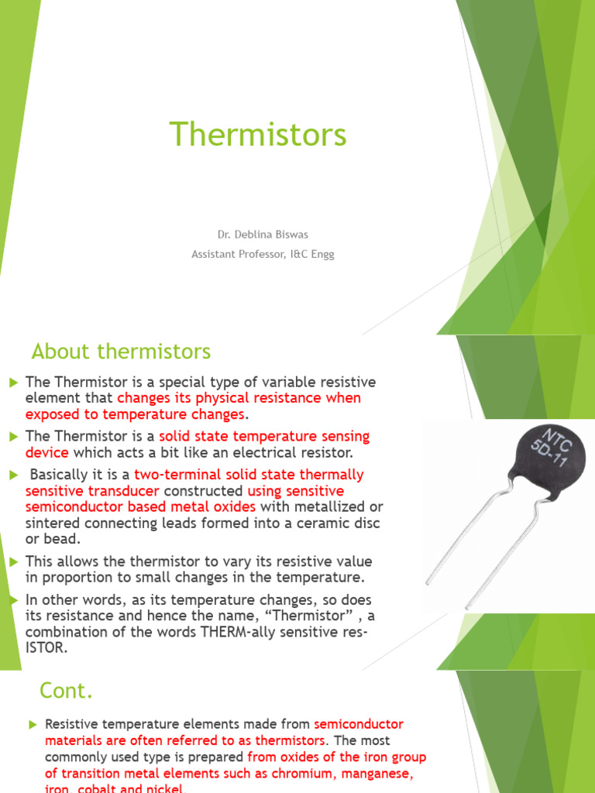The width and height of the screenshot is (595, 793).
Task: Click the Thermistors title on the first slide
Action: coord(258,135)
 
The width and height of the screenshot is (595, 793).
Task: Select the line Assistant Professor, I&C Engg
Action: coord(263,254)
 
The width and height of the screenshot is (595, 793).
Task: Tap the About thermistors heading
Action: coord(121,352)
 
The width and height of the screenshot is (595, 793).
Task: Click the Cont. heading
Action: coord(67,690)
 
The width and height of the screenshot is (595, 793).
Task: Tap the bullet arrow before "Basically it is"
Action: coord(13,474)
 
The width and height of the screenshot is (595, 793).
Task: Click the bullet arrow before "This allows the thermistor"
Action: coord(13,561)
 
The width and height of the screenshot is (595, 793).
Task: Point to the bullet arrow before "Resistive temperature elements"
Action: coord(33,724)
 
